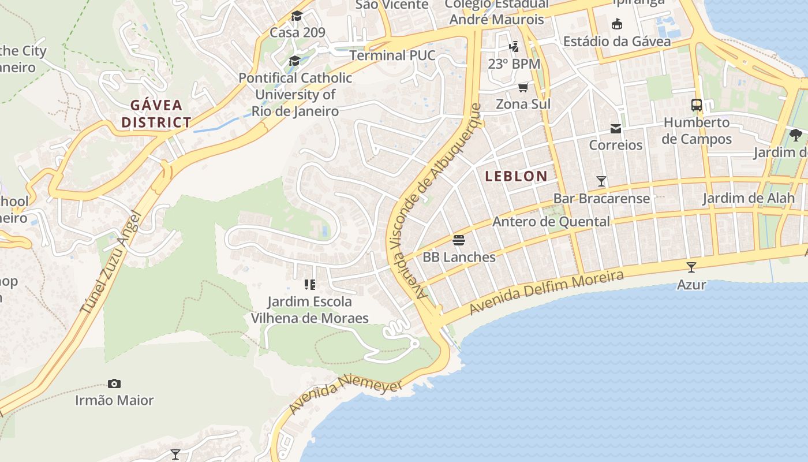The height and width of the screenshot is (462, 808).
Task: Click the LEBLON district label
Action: click(516, 176)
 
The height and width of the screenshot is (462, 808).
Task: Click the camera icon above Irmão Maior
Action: click(114, 383)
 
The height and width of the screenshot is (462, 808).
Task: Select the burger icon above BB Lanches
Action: click(459, 240)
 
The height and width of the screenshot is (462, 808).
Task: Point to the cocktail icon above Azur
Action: click(691, 267)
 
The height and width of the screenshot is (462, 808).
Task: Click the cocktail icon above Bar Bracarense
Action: click(601, 181)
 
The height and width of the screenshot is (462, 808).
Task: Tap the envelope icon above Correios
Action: click(616, 128)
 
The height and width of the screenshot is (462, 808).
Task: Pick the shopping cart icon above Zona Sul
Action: click(523, 87)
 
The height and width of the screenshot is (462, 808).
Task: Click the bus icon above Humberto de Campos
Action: click(697, 105)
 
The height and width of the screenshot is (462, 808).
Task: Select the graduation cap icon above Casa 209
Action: click(297, 16)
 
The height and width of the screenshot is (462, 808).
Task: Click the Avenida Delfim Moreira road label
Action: click(546, 293)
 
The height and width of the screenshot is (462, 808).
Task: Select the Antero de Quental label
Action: click(551, 222)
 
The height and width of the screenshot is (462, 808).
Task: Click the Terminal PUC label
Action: click(392, 55)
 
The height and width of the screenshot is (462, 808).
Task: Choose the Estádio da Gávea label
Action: click(616, 42)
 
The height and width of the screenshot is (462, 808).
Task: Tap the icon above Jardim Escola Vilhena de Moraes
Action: click(310, 284)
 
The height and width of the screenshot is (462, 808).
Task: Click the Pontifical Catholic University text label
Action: click(295, 94)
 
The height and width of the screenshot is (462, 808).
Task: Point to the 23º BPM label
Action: click(514, 64)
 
